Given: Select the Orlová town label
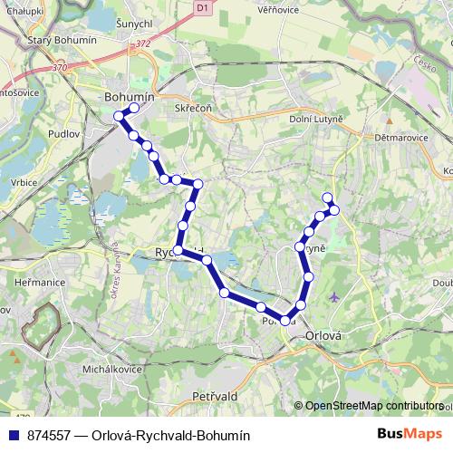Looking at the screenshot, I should point(323,334).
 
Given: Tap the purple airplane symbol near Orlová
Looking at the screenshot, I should point(336,296).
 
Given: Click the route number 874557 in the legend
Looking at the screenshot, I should point(53,435).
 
